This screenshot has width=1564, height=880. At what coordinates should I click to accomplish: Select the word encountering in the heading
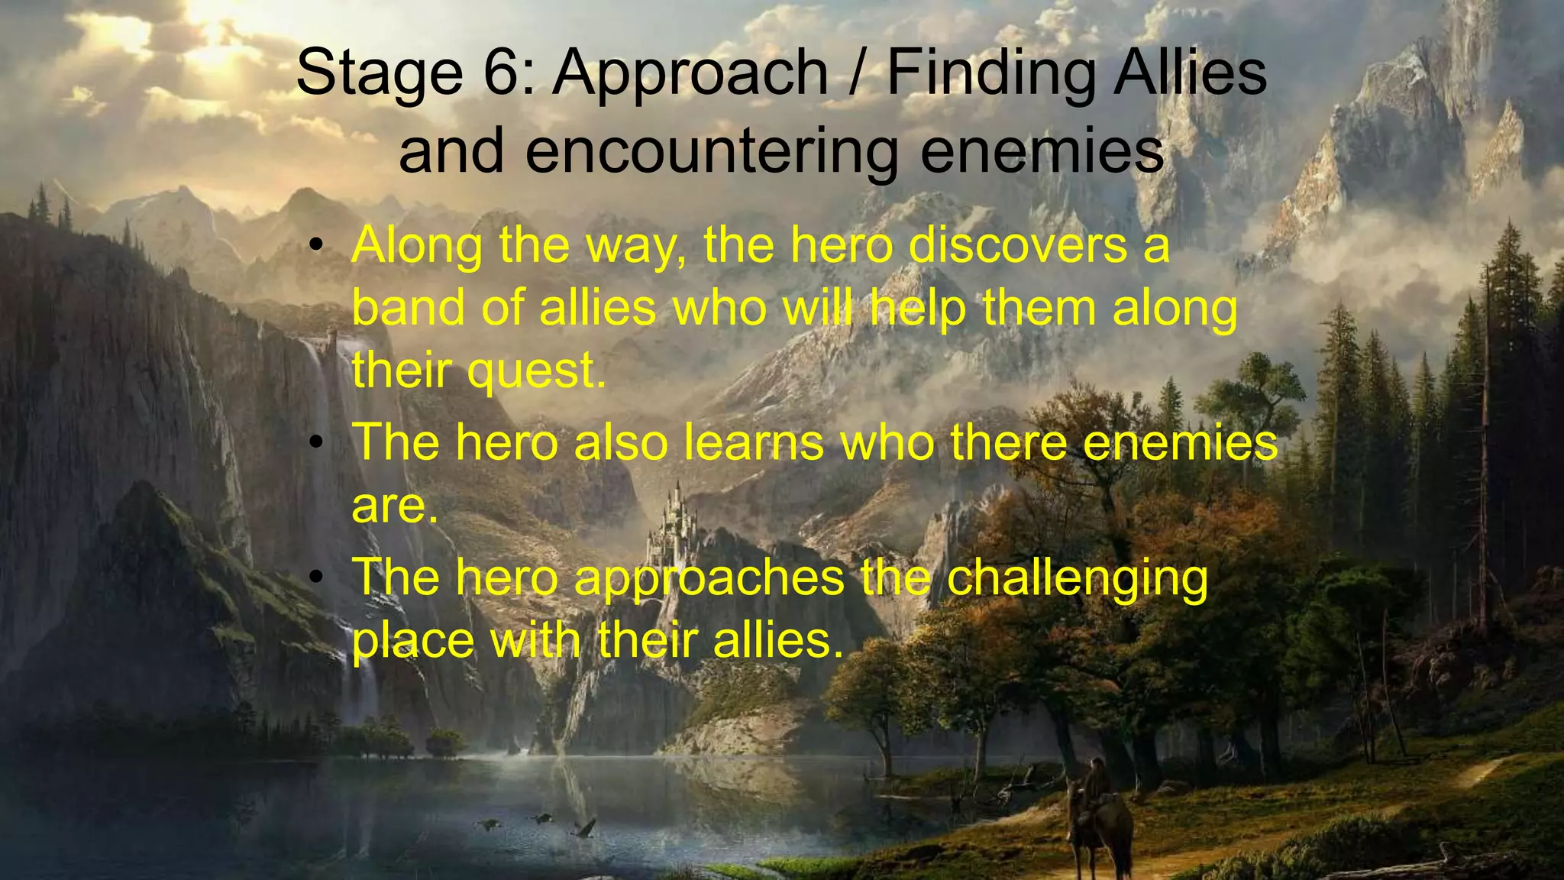pyautogui.click(x=712, y=151)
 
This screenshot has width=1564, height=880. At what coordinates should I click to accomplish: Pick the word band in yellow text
pyautogui.click(x=409, y=308)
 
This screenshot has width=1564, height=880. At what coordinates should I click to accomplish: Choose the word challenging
pyautogui.click(x=1077, y=579)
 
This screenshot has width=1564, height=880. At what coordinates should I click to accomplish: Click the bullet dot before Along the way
pyautogui.click(x=318, y=246)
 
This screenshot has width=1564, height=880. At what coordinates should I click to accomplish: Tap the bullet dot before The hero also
pyautogui.click(x=318, y=443)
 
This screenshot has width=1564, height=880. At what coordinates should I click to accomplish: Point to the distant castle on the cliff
pyautogui.click(x=672, y=519)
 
